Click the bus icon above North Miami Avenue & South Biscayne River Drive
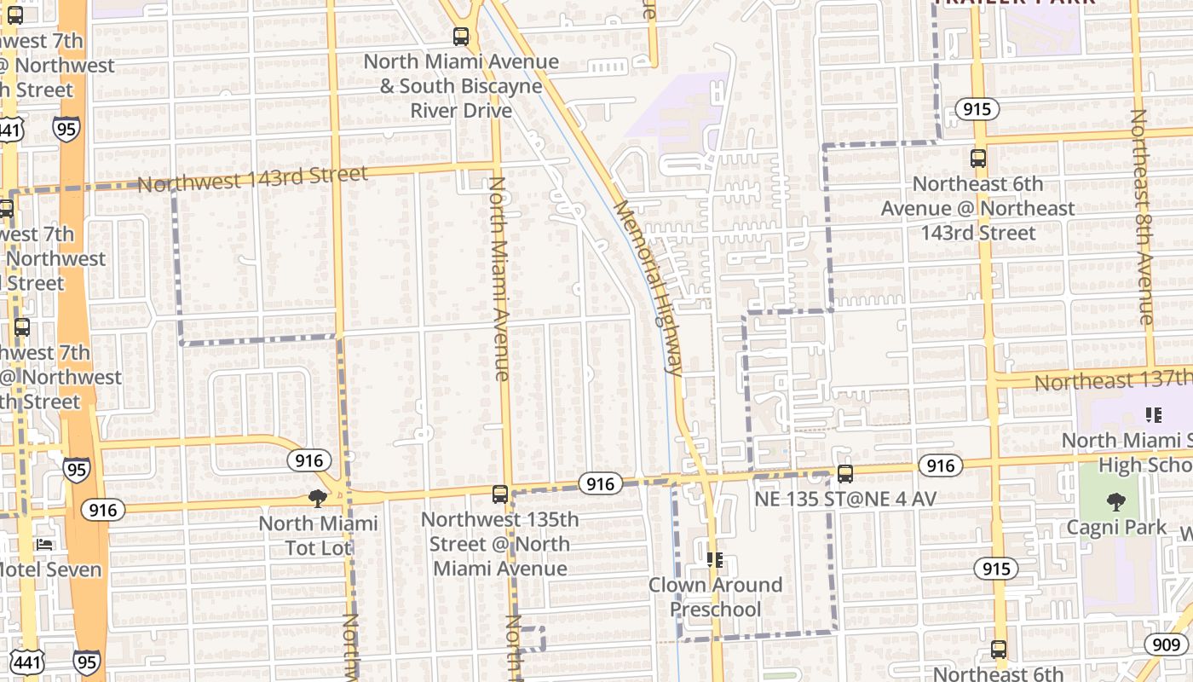click(461, 37)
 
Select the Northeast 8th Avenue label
click(1142, 217)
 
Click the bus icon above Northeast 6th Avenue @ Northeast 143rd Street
click(978, 159)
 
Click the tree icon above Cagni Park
click(1115, 502)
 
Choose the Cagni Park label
click(1117, 528)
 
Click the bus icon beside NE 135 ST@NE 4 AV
click(844, 474)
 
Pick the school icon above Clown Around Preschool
click(714, 560)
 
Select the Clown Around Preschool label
click(715, 597)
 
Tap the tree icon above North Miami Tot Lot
click(318, 498)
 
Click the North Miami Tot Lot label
click(319, 535)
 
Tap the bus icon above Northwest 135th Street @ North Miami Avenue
click(500, 494)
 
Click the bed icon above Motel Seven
click(44, 544)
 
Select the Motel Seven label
click(50, 569)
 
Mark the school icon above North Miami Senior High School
click(1154, 415)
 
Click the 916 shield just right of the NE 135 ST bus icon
click(941, 465)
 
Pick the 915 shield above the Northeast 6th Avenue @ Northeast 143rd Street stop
click(977, 109)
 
